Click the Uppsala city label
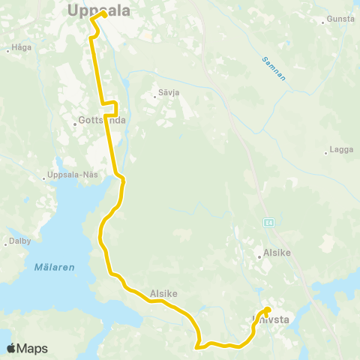click(x=98, y=10)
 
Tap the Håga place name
click(x=20, y=50)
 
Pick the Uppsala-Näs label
click(x=73, y=176)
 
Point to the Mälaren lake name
click(x=55, y=266)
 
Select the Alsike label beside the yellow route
click(x=163, y=294)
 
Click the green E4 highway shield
click(x=268, y=223)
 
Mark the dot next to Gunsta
click(x=322, y=22)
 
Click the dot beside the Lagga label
click(x=327, y=151)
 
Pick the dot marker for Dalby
click(x=6, y=241)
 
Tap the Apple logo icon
click(x=11, y=349)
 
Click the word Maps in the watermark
click(x=32, y=349)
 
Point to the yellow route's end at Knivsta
click(x=266, y=309)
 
